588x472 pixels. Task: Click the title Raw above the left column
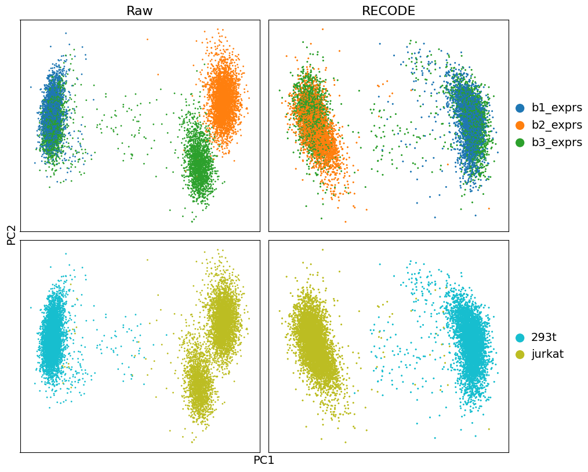coord(139,11)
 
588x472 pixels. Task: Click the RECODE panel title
coord(388,11)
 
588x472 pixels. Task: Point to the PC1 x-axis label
coord(264,460)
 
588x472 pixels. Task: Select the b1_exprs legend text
coord(556,108)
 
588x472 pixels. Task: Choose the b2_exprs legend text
coord(556,125)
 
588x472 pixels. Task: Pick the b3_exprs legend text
coord(556,143)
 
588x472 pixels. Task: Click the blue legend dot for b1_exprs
coord(520,108)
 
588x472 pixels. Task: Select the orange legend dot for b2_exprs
coord(520,125)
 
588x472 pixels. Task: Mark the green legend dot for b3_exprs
coord(520,143)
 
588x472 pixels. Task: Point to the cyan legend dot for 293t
coord(520,337)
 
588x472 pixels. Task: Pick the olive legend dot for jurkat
coord(520,354)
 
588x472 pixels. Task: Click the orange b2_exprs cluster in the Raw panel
coord(223,99)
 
